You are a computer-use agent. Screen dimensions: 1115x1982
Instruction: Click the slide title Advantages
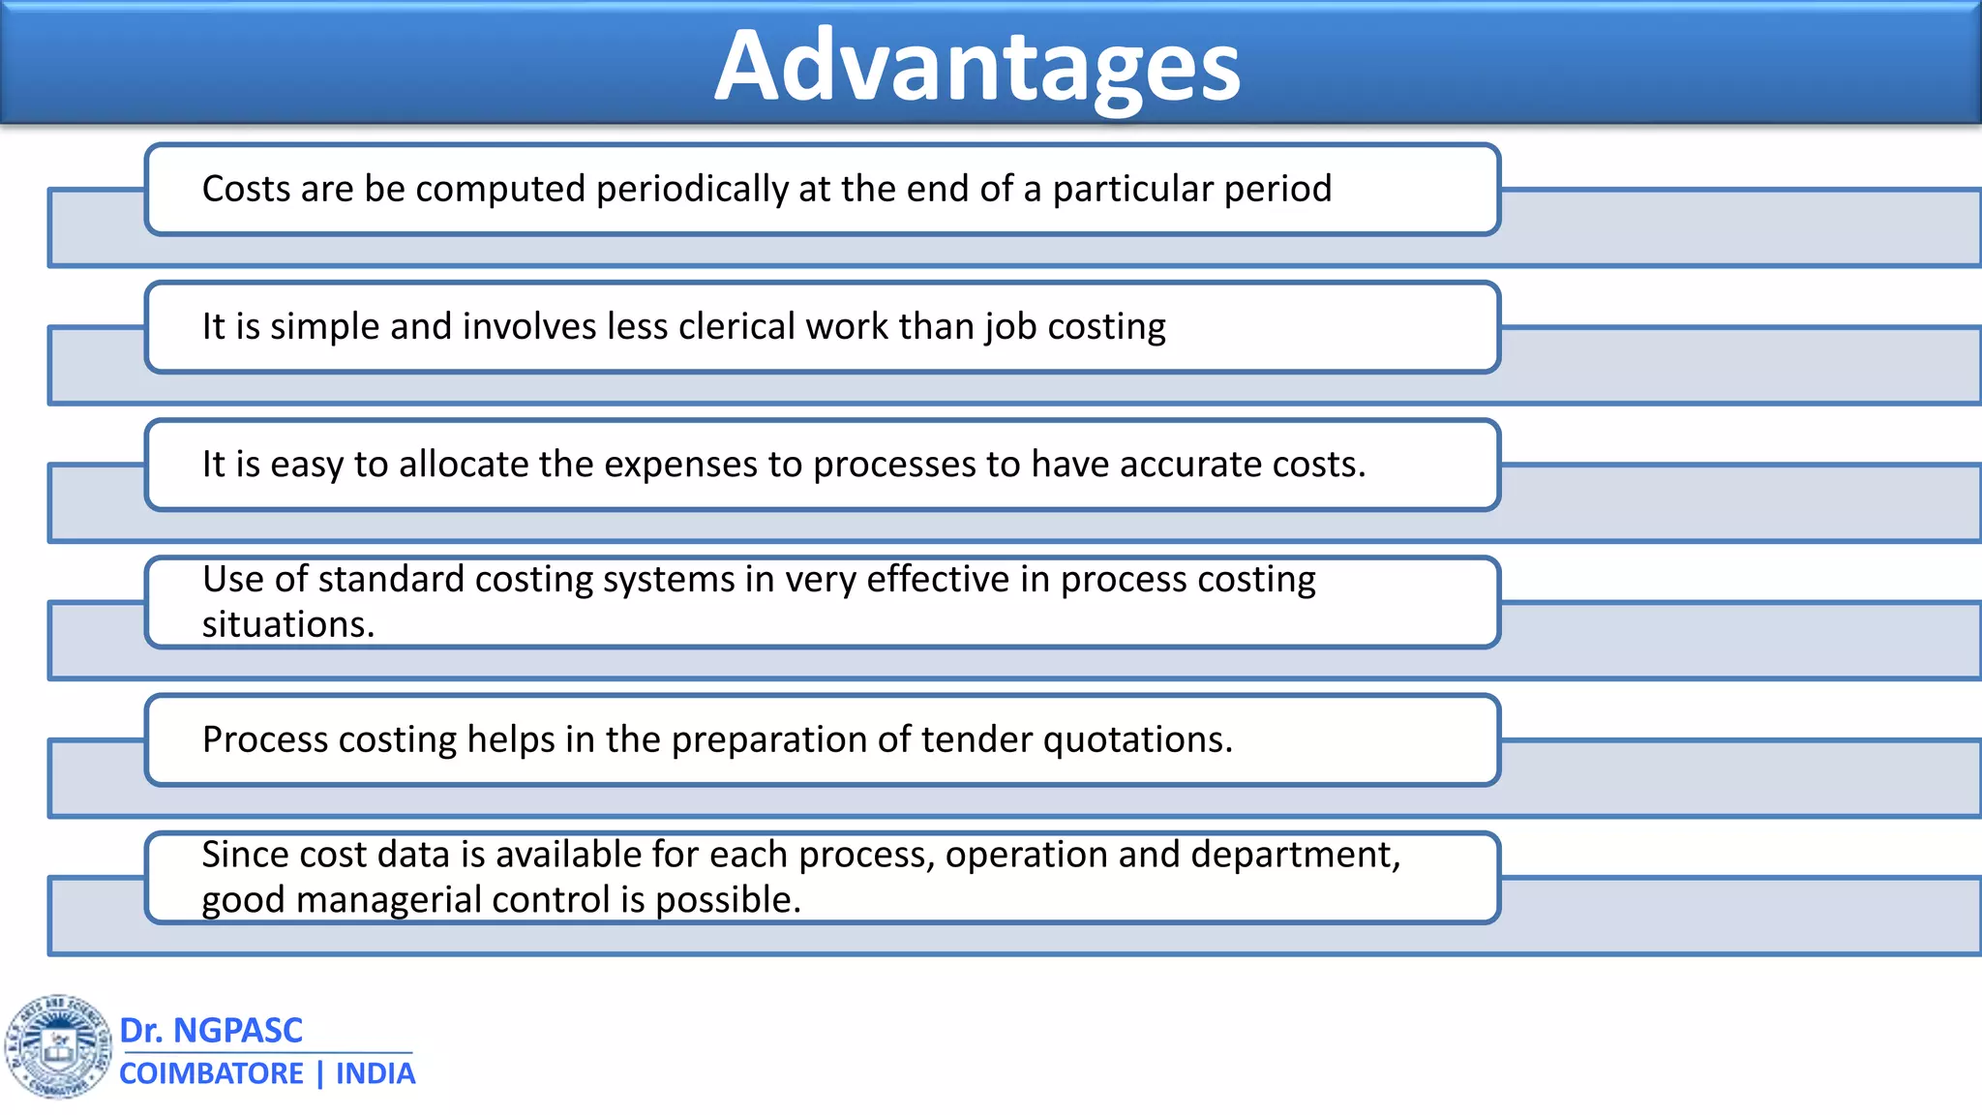pos(977,66)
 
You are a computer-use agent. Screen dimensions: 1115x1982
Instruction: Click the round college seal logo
pos(58,1047)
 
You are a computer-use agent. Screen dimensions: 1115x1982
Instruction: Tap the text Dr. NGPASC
pos(211,1030)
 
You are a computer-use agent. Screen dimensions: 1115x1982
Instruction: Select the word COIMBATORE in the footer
pos(211,1073)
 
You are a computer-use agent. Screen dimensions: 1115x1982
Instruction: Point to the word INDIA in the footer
pos(375,1073)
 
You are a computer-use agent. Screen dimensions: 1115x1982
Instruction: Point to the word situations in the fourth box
pos(286,624)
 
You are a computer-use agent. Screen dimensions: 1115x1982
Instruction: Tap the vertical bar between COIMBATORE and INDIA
pos(320,1073)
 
